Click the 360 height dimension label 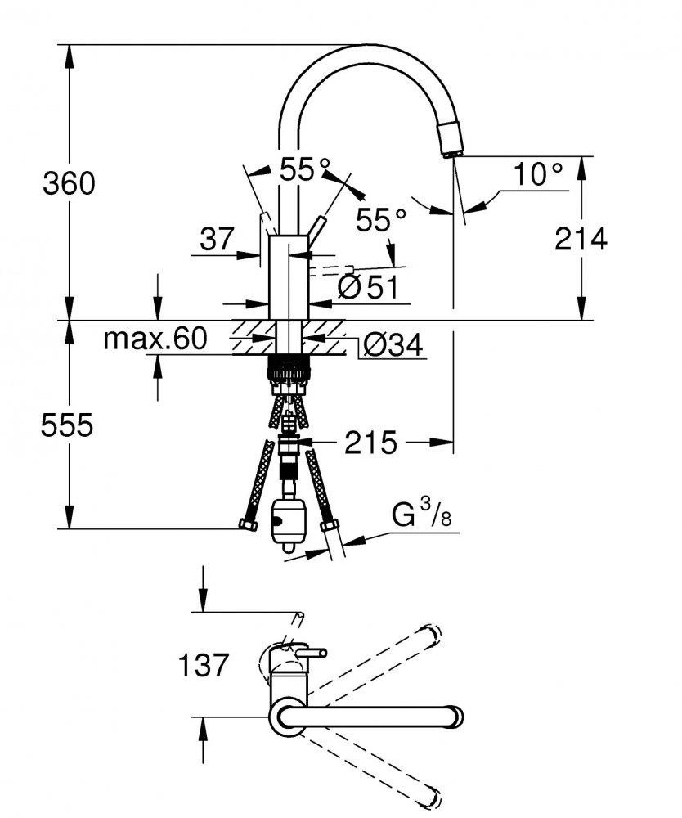tap(69, 183)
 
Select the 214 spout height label tap(581, 239)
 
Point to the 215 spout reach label tap(370, 443)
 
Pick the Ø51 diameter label tap(368, 287)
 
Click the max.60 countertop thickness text tap(155, 339)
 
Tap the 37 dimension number tap(218, 240)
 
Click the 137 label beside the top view tap(204, 665)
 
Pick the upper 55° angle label tap(305, 169)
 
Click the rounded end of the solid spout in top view tap(455, 716)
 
